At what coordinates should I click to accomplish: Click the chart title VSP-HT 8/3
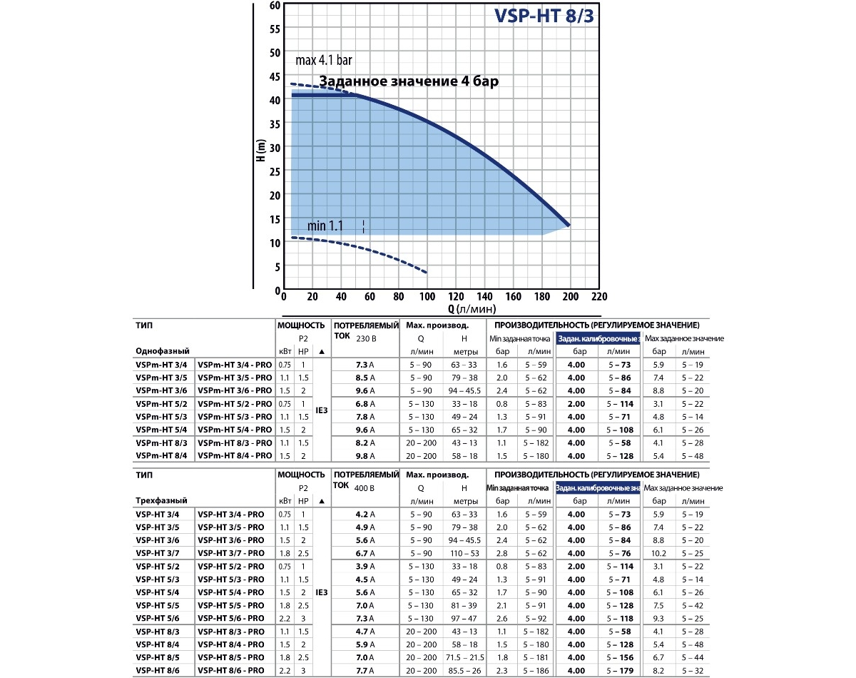pos(543,16)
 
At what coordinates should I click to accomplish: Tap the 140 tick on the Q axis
pos(484,297)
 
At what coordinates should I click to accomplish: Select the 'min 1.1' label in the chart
pos(325,226)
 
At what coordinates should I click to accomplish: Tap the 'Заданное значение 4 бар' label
pos(408,81)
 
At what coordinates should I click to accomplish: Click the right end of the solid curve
pos(569,225)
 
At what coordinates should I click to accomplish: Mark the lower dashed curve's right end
pos(427,273)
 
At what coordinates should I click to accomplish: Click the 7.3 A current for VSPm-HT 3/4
pos(365,365)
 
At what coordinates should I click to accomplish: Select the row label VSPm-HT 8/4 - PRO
pos(235,456)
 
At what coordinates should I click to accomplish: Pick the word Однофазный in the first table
pos(163,351)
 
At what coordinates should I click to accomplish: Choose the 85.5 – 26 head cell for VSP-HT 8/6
pos(464,671)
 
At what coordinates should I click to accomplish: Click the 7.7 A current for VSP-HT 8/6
pos(365,671)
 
